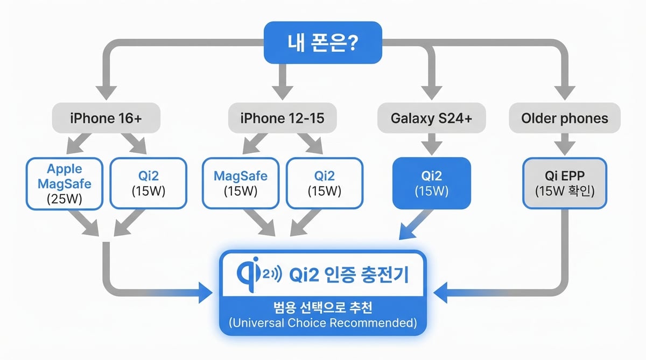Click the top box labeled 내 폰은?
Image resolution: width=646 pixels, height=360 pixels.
(322, 42)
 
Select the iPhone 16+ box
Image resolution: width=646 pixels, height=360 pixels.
(106, 118)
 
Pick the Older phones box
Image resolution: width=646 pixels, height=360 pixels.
(564, 118)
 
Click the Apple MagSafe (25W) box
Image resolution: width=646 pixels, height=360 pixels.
(65, 183)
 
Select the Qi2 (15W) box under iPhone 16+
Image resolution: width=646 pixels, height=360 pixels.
(148, 183)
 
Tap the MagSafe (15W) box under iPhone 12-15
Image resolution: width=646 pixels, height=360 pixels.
(240, 183)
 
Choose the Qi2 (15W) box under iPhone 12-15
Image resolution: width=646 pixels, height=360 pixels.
(324, 183)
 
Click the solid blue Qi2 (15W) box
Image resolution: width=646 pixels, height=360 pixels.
(432, 183)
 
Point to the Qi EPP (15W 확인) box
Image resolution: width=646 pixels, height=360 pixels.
(564, 183)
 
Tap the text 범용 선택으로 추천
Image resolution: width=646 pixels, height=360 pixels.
(322, 308)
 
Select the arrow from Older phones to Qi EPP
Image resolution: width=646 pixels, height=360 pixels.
(564, 144)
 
